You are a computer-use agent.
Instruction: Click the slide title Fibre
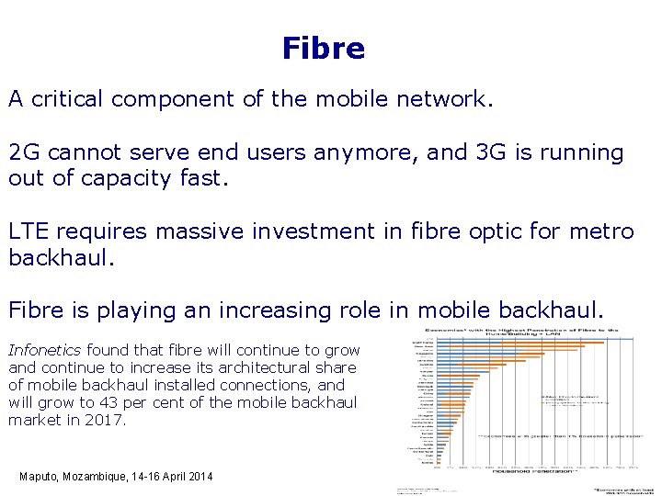click(324, 48)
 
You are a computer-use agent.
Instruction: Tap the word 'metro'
click(599, 231)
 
